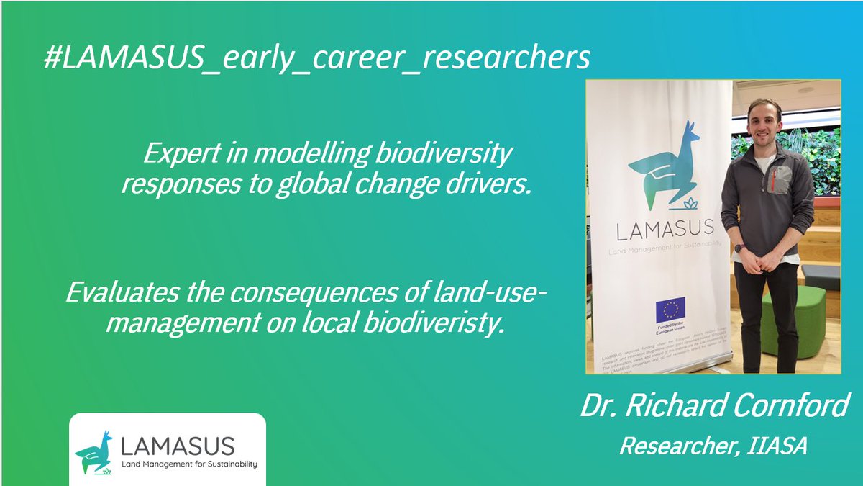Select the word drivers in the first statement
(x=493, y=184)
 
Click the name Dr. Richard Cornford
(x=715, y=406)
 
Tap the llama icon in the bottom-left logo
(x=94, y=451)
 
